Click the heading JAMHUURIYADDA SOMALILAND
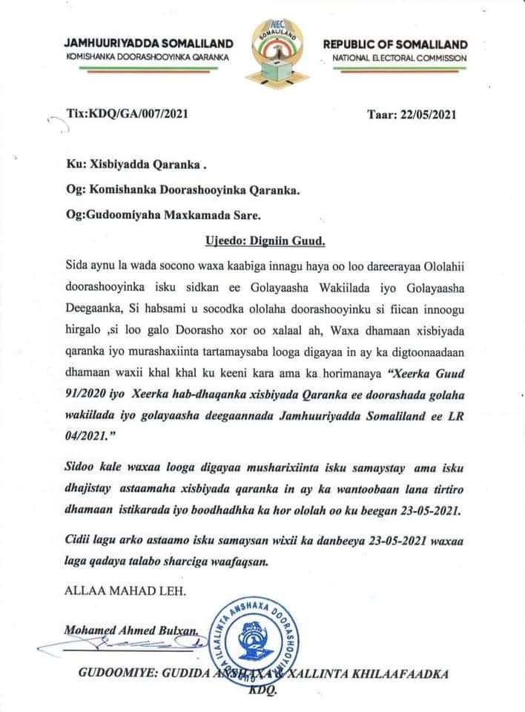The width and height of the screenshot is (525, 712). pos(148,44)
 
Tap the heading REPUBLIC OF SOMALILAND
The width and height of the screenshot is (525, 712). pos(395,44)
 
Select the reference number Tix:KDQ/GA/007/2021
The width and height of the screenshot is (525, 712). pos(128,113)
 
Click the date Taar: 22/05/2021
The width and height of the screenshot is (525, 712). pos(412,114)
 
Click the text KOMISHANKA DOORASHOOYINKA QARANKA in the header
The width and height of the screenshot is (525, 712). pos(148,58)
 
